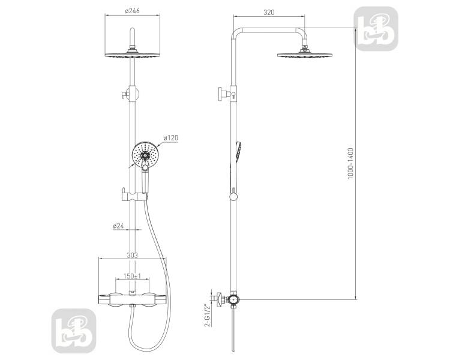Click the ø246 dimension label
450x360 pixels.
(133, 11)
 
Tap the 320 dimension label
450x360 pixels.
(269, 13)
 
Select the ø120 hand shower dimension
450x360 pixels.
(171, 138)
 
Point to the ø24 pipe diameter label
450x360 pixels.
(119, 226)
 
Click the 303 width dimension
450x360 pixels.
(133, 255)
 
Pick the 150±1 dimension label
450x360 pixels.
(133, 276)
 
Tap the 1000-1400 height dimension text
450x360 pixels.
(350, 164)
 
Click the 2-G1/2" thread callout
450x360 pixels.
(207, 315)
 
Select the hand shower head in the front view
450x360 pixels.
(145, 155)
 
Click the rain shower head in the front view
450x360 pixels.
(133, 54)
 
